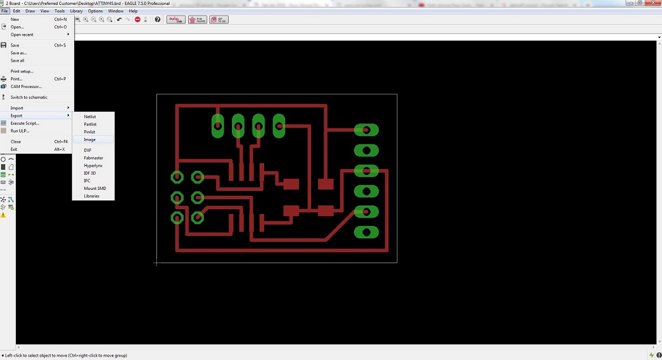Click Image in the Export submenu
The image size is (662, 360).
pyautogui.click(x=90, y=139)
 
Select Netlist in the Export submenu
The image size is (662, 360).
pyautogui.click(x=90, y=116)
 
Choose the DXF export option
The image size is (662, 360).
pyautogui.click(x=88, y=150)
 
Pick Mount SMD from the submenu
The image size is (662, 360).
pyautogui.click(x=95, y=188)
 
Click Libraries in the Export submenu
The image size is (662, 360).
pyautogui.click(x=92, y=196)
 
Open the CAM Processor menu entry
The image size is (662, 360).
pyautogui.click(x=26, y=87)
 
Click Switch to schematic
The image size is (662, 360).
pyautogui.click(x=29, y=97)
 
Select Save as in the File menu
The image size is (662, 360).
pyautogui.click(x=19, y=53)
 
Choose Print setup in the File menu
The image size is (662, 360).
pyautogui.click(x=22, y=71)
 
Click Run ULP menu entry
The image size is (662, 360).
pyautogui.click(x=20, y=131)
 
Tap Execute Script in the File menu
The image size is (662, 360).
pyautogui.click(x=25, y=123)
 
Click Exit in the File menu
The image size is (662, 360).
pyautogui.click(x=14, y=149)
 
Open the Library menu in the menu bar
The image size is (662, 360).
pyautogui.click(x=76, y=11)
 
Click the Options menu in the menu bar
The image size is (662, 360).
pyautogui.click(x=95, y=11)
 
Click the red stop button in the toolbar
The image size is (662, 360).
pyautogui.click(x=138, y=20)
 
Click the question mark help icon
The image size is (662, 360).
pyautogui.click(x=157, y=20)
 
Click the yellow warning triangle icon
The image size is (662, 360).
pyautogui.click(x=3, y=215)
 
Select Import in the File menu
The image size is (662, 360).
pyautogui.click(x=17, y=108)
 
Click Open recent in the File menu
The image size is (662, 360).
pyautogui.click(x=22, y=35)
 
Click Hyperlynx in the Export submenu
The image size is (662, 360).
pyautogui.click(x=93, y=165)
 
